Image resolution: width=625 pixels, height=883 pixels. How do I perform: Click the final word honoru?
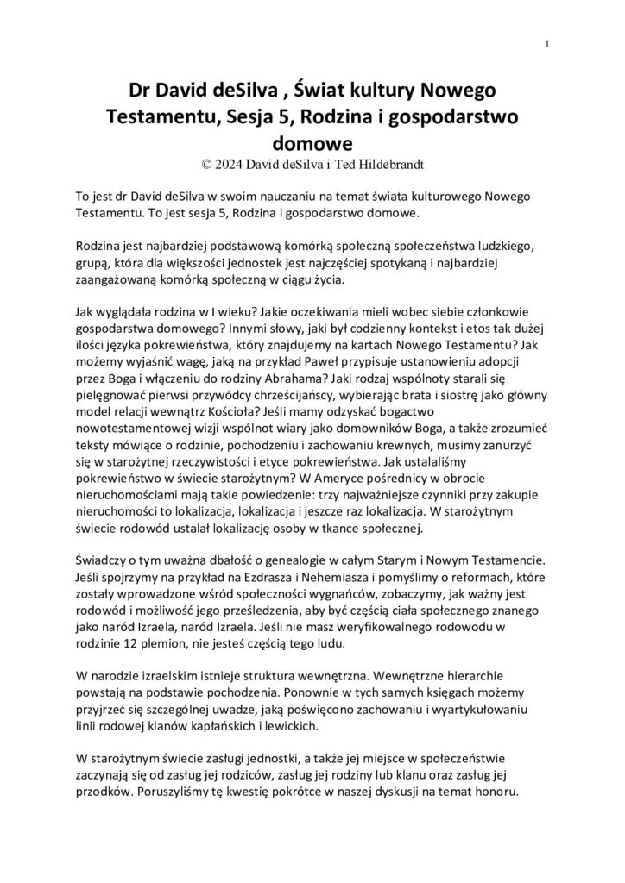pyautogui.click(x=493, y=798)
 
